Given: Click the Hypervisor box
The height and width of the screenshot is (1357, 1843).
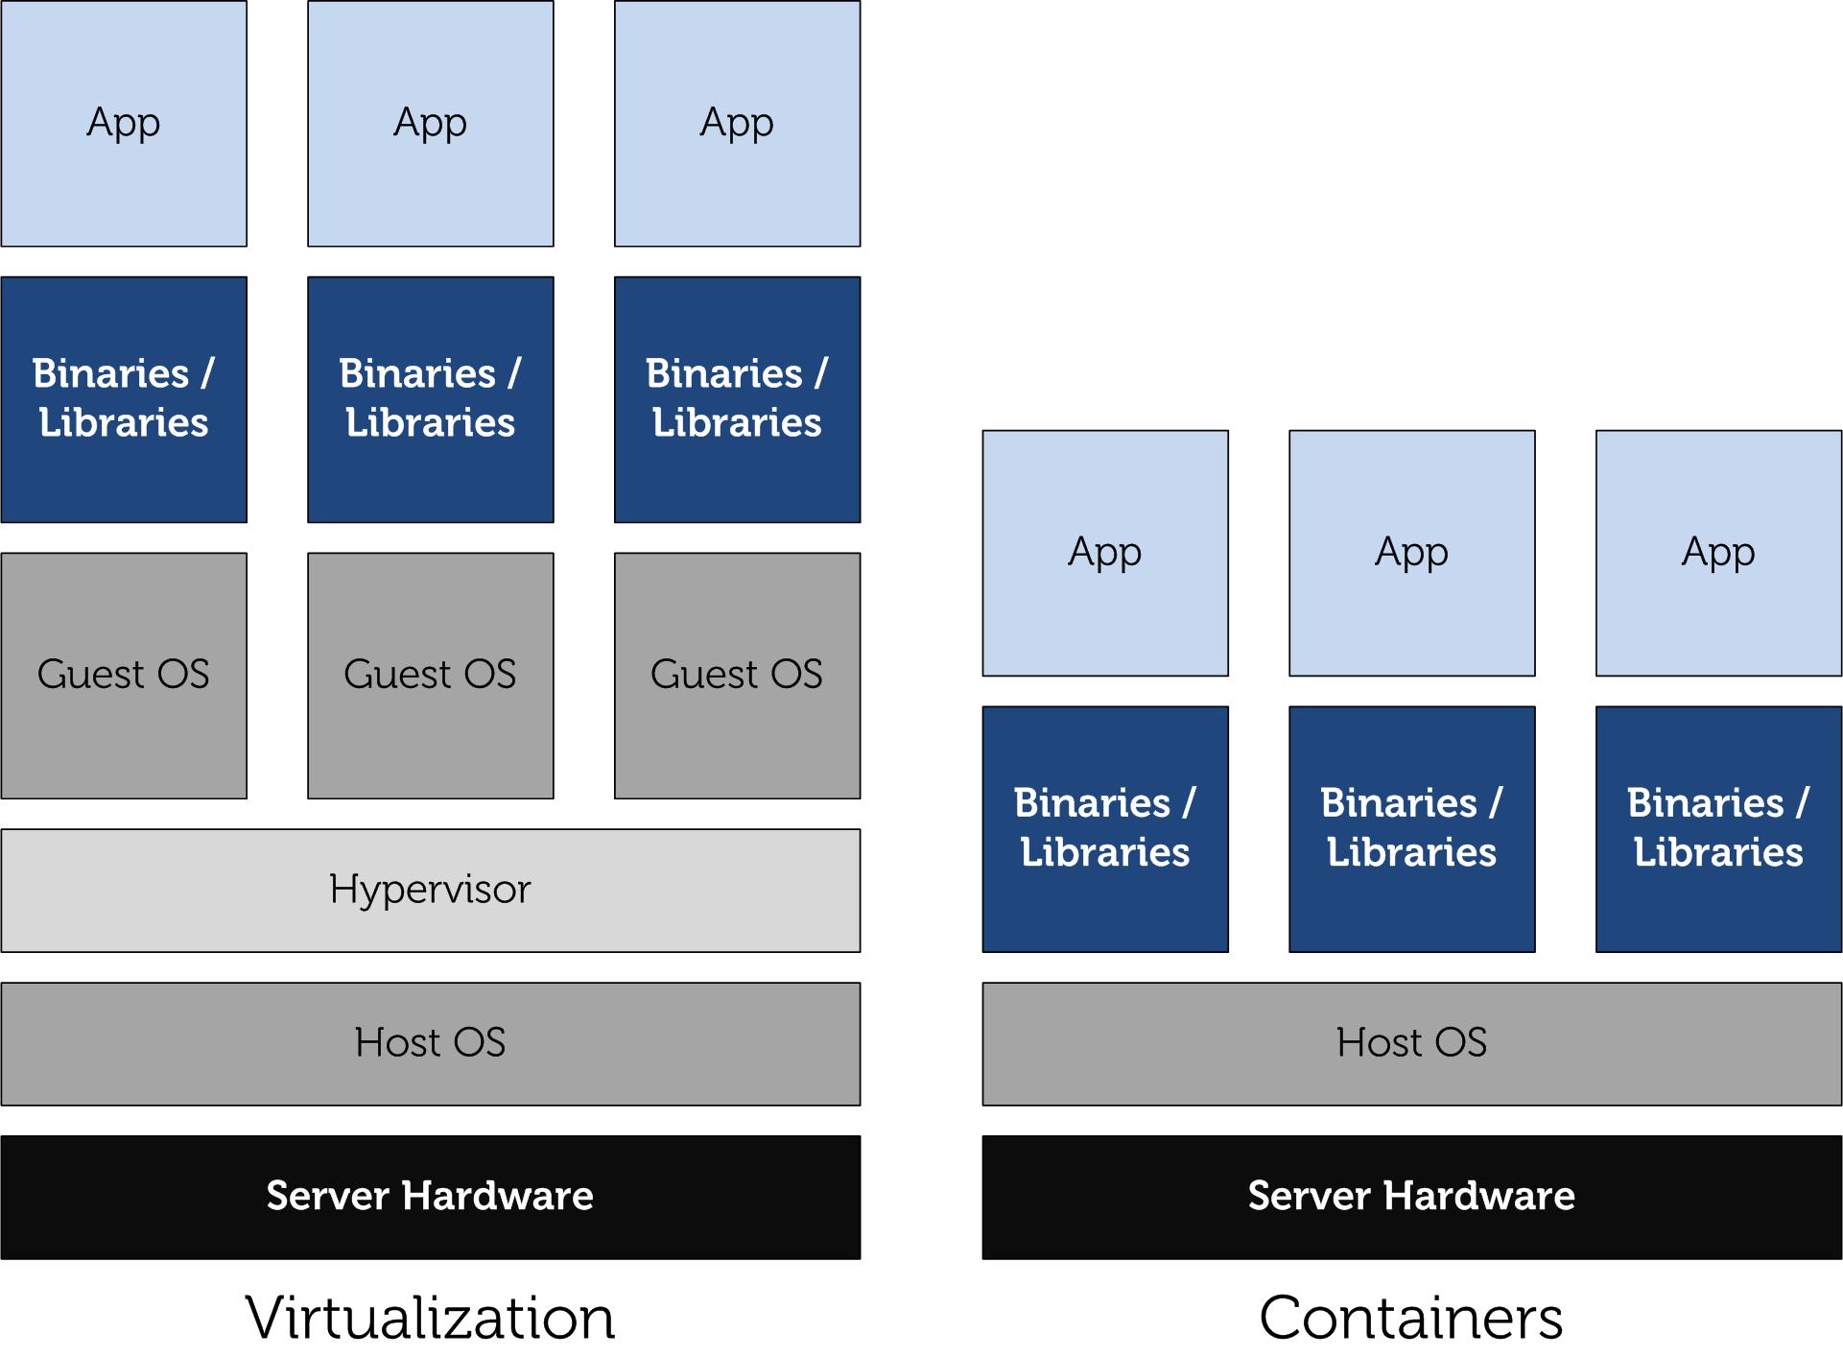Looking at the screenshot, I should [x=430, y=890].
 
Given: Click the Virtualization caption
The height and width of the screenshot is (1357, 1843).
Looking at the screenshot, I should [x=430, y=1317].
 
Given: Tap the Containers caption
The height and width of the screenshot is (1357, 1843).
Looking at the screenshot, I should [x=1410, y=1317].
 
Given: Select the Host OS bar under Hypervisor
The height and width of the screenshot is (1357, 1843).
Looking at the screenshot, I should [x=430, y=1043].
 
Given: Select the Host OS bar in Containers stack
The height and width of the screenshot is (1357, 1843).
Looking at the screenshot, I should [x=1410, y=1043].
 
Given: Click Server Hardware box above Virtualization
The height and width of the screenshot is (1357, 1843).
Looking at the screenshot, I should [x=430, y=1197].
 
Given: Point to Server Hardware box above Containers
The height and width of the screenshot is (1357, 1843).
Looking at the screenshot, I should [x=1410, y=1197].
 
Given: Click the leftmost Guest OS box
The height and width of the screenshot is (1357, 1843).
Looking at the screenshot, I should [x=124, y=675].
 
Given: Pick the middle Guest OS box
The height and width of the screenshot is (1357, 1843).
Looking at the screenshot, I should [x=430, y=675].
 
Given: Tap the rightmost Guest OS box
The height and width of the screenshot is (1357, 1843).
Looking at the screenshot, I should [x=737, y=675].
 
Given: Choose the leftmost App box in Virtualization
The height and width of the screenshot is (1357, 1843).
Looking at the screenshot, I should [x=124, y=123].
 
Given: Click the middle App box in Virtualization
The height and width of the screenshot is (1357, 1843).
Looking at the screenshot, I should [x=430, y=123].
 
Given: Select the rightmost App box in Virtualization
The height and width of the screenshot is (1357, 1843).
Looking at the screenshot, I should [x=737, y=123].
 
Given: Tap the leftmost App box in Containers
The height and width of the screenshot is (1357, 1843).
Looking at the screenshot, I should [x=1104, y=553].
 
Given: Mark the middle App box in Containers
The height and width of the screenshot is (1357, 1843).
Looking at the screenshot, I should [x=1411, y=553].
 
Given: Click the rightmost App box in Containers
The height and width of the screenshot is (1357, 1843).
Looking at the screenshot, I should [x=1718, y=553].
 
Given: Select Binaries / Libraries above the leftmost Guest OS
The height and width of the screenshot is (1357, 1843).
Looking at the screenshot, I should [x=124, y=399].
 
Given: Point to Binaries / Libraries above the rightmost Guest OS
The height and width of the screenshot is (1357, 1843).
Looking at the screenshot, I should [x=737, y=399].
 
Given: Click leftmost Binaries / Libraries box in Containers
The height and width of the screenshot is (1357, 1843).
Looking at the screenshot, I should [x=1104, y=828].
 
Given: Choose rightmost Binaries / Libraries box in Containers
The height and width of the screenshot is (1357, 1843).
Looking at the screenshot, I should [x=1718, y=828].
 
